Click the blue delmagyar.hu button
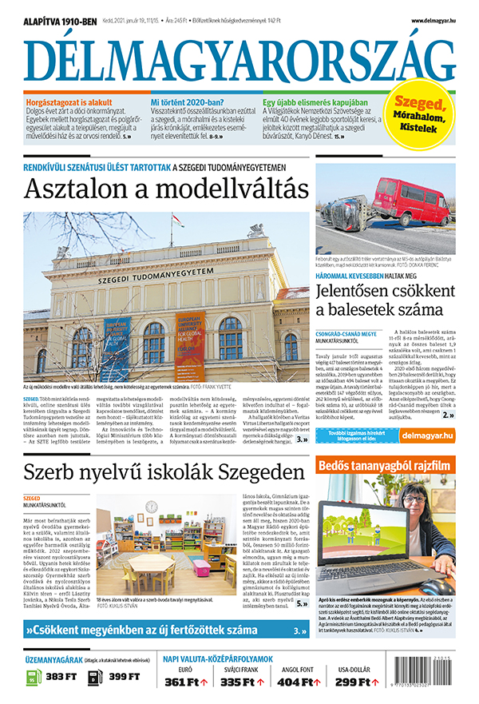click(426, 436)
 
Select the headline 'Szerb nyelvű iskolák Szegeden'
click(160, 470)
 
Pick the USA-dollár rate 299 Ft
click(353, 682)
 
